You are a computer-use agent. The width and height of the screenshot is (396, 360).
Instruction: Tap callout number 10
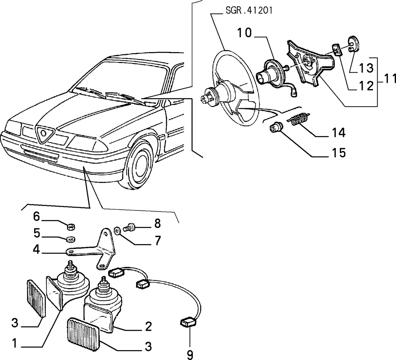tap(245, 33)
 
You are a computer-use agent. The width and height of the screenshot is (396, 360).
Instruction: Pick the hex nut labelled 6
tap(70, 227)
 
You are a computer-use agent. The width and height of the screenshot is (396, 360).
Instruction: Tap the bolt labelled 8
tap(129, 228)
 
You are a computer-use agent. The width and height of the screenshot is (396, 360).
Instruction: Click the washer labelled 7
tap(117, 231)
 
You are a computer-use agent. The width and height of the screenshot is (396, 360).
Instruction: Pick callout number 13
tap(366, 68)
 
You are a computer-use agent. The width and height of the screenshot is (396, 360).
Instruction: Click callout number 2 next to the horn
tap(148, 326)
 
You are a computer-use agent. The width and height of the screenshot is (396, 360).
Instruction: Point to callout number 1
tap(15, 343)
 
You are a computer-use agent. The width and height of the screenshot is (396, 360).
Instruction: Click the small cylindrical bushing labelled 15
tap(275, 127)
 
